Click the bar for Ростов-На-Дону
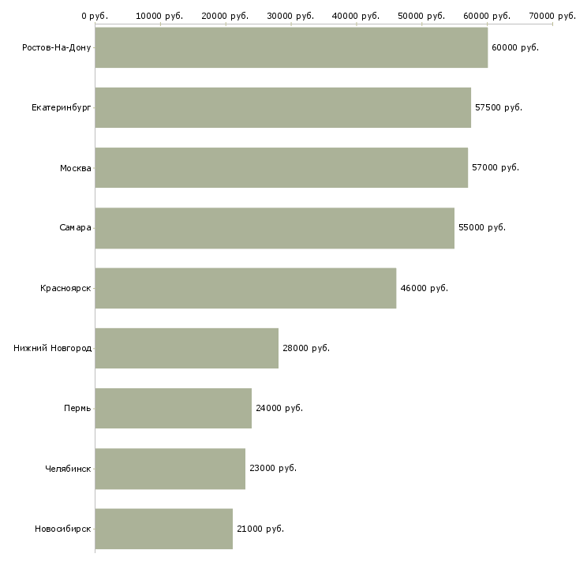point(291,47)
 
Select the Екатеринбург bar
point(282,107)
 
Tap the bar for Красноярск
point(245,288)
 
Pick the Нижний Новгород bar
point(187,348)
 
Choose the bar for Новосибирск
point(164,529)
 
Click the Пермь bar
point(174,408)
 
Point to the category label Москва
point(76,168)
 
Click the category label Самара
point(75,228)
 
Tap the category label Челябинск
point(68,469)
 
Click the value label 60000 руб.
point(515,47)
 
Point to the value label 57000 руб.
point(496,167)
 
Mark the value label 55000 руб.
point(482,227)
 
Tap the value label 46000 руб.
point(425,288)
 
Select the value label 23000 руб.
point(273,468)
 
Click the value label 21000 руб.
point(260,529)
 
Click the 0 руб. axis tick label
point(95,16)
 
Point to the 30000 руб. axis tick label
point(291,16)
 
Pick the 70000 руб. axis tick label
point(552,16)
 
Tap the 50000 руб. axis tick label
point(422,16)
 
